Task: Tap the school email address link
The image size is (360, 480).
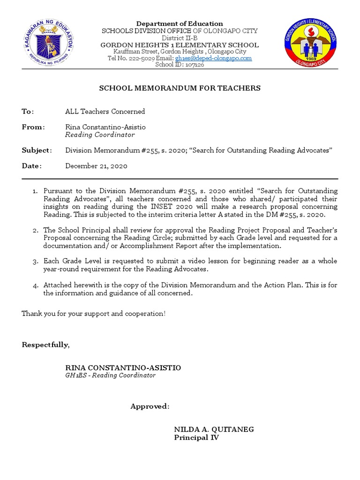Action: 213,58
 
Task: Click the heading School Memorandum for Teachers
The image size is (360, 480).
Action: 180,88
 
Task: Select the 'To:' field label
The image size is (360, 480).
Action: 28,112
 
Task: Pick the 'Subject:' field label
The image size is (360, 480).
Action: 37,150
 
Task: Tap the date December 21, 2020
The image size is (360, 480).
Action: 96,166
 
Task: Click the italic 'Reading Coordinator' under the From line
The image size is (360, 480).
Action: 100,135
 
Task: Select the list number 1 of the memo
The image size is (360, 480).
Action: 35,191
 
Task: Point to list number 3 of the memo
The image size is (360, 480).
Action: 35,261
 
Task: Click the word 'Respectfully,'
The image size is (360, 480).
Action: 45,345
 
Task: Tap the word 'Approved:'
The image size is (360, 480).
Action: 150,406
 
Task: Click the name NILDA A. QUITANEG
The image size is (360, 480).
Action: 214,429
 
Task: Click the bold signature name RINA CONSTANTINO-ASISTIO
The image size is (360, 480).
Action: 123,368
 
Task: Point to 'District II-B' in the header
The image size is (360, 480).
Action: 180,38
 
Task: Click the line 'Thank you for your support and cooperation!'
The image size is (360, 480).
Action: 93,313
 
